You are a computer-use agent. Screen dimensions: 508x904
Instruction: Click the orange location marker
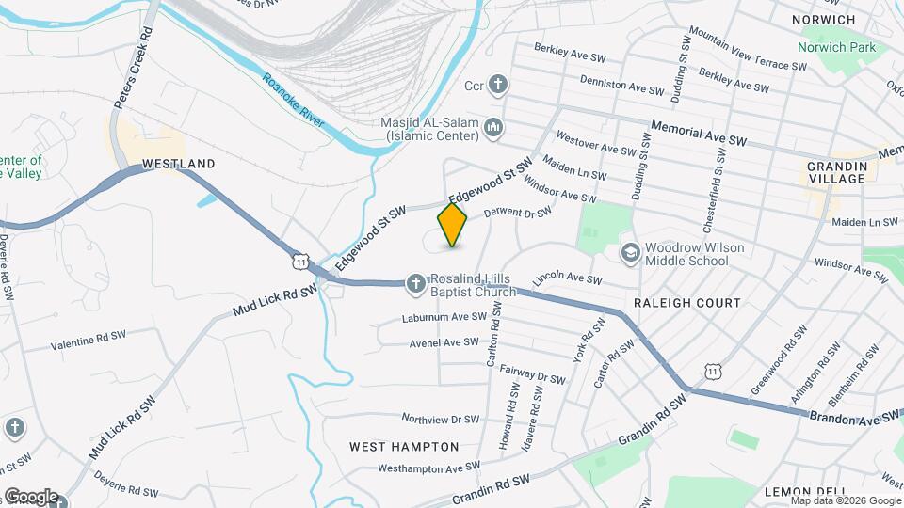tap(453, 225)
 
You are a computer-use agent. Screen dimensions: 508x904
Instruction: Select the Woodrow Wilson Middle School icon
tap(630, 252)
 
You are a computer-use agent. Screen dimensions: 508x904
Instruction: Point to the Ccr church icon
tap(498, 86)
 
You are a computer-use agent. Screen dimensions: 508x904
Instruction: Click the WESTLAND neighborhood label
tap(178, 164)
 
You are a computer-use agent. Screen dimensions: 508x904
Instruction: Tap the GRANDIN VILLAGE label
tap(835, 172)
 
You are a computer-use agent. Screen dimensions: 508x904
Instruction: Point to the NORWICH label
tap(823, 20)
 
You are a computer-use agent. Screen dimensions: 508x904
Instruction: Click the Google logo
tap(31, 497)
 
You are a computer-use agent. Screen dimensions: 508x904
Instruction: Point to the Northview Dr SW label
tap(441, 419)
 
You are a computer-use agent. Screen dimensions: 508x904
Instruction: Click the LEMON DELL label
tap(800, 492)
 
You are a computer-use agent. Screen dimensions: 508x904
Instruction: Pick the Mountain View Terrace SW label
tap(748, 48)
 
